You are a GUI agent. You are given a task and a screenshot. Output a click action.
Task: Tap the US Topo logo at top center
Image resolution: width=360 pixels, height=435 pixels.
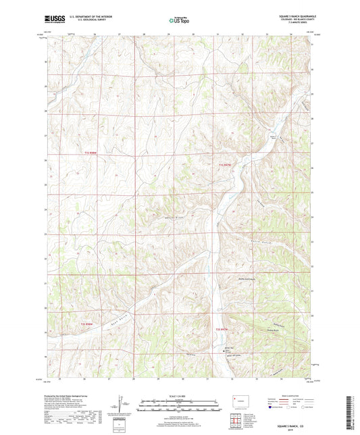click(179, 21)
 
